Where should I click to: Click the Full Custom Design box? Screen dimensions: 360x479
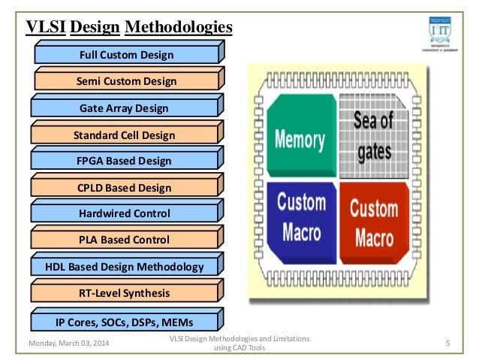pos(126,55)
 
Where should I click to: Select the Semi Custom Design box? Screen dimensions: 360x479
pos(126,81)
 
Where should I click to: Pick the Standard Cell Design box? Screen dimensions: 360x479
pos(125,135)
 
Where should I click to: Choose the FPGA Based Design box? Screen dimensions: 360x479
pos(125,161)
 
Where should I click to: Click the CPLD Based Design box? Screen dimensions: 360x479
pos(125,187)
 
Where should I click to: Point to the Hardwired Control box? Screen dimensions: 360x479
pos(125,213)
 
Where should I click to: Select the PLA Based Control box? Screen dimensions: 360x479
pos(125,240)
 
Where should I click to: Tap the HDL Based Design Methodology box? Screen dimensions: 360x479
pos(125,267)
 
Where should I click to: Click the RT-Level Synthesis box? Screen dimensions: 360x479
pos(125,293)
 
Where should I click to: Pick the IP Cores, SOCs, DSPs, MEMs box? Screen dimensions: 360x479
pos(125,322)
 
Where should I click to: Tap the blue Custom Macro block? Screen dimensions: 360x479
pos(301,218)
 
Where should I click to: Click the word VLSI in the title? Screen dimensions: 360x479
pos(46,28)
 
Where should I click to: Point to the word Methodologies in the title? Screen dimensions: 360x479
pos(178,28)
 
